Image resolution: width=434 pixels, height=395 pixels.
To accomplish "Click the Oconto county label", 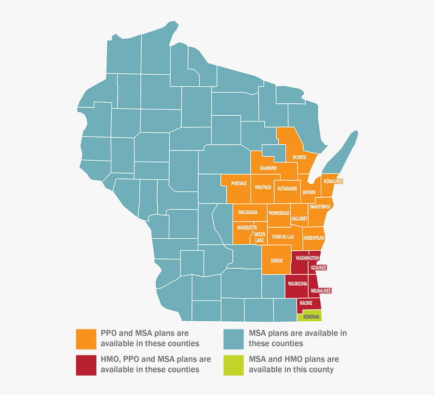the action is point(299,157).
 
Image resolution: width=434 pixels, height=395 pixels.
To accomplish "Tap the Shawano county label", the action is point(268,168).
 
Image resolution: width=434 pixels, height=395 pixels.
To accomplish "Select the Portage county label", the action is point(239,183).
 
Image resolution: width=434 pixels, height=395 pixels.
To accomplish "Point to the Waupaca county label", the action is point(263,187).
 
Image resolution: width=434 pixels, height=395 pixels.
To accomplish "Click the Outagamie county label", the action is point(287,189).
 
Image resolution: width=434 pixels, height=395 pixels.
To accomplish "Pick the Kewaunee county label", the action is point(333,181).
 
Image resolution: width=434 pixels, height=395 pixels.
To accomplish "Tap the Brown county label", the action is point(309,192).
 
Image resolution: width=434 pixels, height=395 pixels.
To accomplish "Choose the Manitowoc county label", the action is point(320,206).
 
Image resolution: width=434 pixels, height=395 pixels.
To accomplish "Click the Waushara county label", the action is point(248,212).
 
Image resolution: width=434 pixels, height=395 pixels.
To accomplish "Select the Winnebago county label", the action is point(279,213).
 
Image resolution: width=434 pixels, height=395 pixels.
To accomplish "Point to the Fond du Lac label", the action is point(283,237).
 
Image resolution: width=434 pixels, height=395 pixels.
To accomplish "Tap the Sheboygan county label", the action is point(313,238).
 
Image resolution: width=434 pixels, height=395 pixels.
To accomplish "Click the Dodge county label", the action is point(277,261).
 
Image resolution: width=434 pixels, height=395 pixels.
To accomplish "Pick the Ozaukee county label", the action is point(318,267).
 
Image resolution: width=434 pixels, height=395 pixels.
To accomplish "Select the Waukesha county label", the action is point(298,284).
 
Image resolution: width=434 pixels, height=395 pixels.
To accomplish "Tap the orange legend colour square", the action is point(85,339).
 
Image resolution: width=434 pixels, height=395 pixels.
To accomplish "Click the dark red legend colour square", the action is point(85,365).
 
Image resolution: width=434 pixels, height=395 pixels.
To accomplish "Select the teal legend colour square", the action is point(233,339).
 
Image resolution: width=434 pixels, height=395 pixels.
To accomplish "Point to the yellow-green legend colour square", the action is point(233,365).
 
